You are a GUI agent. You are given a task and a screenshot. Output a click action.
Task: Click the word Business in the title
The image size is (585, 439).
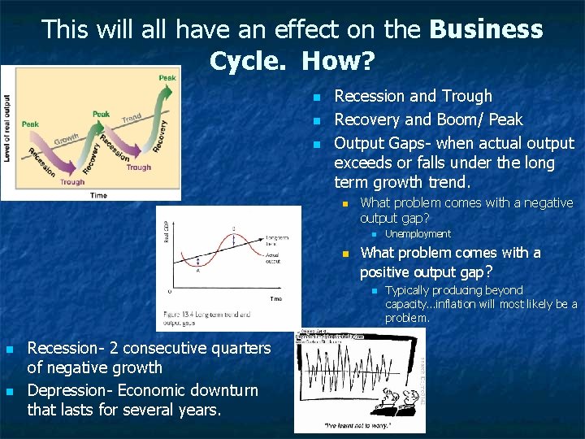pos(485,30)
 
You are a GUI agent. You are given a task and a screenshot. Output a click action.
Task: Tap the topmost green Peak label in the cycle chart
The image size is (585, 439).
pos(167,78)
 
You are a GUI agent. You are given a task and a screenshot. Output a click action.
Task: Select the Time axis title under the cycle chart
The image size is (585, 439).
pos(98,195)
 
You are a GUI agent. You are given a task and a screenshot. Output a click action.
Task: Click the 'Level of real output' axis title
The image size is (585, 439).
pos(8,128)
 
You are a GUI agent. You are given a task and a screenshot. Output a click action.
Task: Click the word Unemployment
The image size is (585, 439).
pos(418,234)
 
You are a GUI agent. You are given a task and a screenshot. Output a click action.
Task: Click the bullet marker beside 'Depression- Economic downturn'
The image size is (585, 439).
pos(10,392)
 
